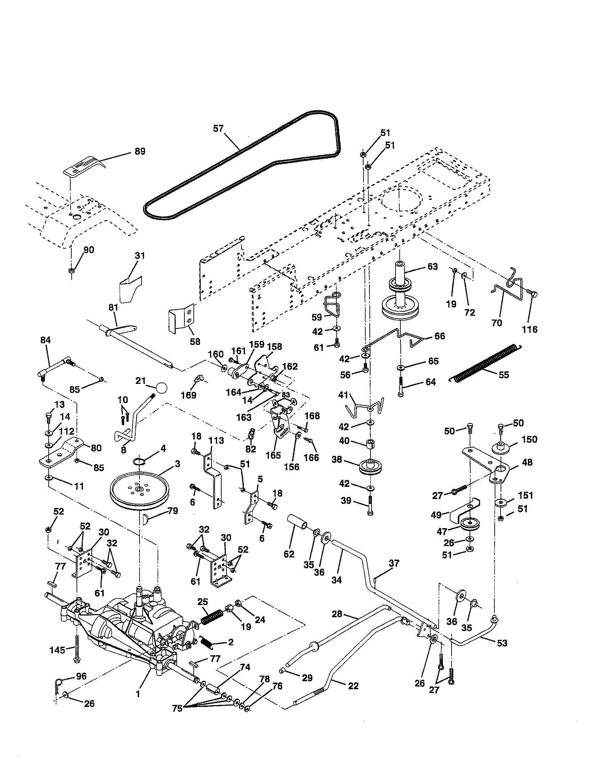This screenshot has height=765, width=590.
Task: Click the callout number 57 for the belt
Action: tap(218, 129)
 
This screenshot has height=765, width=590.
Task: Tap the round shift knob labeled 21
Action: tap(161, 388)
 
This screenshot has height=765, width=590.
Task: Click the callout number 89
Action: tap(140, 151)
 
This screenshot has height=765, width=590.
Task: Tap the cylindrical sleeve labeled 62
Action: tap(297, 523)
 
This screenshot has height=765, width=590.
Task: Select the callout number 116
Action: tap(529, 329)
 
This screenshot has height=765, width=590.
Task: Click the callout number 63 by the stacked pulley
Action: tap(432, 267)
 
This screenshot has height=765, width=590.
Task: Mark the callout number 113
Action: tap(216, 440)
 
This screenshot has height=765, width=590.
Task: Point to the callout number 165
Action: tap(273, 456)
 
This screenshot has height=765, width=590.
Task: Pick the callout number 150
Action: tap(529, 439)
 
